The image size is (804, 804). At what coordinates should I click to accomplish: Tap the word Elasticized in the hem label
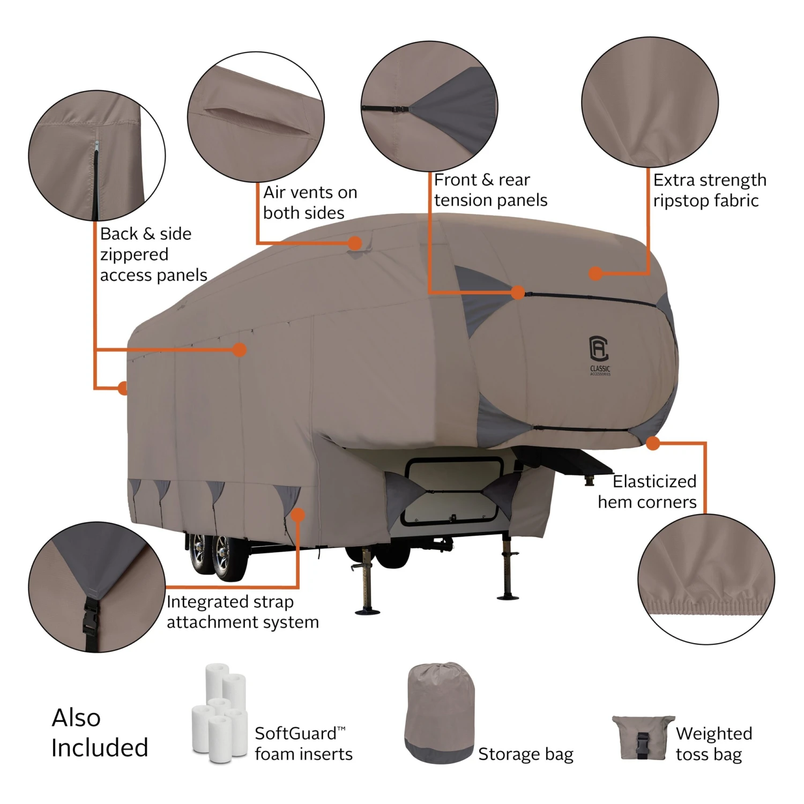click(654, 481)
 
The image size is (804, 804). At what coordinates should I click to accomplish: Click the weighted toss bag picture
click(643, 738)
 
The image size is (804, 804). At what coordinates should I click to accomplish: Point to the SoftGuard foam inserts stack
click(220, 713)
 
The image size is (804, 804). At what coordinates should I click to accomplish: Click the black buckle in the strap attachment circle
click(90, 616)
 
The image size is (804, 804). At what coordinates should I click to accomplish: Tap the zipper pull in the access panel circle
click(96, 146)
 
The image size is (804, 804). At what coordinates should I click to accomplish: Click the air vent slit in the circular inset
click(257, 121)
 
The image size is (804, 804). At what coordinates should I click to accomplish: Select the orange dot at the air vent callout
click(354, 243)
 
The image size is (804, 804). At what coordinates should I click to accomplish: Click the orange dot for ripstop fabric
click(595, 273)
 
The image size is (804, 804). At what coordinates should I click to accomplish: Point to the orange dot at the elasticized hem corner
click(653, 443)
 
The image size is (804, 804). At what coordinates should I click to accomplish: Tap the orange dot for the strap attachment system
click(298, 515)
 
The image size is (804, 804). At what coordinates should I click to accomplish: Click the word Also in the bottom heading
click(76, 718)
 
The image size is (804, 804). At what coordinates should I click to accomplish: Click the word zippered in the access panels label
click(134, 255)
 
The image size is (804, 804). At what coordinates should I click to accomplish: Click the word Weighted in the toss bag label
click(714, 733)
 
